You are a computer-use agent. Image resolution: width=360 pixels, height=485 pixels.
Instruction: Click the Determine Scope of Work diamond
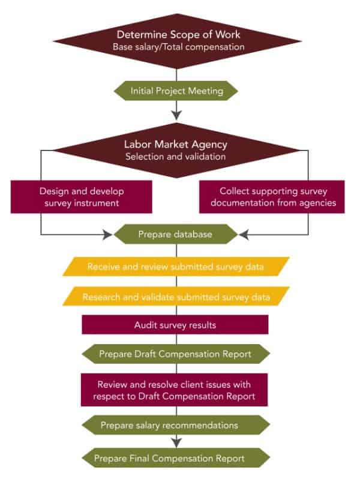pos(176,39)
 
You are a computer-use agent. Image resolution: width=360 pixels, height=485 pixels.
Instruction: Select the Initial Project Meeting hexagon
pos(176,91)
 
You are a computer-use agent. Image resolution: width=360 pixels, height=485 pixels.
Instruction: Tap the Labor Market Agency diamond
pos(176,150)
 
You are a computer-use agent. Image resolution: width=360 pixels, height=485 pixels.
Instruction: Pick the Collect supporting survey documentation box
pos(272,197)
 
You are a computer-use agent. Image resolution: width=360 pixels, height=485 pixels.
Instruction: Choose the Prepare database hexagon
pos(176,234)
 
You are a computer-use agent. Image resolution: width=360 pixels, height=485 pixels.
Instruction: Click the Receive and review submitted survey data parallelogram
pos(176,266)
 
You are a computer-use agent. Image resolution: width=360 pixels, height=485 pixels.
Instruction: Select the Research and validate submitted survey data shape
pos(176,296)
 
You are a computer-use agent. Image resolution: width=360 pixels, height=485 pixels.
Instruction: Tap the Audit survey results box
pos(175,324)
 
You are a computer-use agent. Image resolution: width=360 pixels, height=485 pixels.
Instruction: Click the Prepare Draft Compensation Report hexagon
pos(176,354)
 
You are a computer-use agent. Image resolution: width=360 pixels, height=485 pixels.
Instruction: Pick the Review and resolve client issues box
pos(175,390)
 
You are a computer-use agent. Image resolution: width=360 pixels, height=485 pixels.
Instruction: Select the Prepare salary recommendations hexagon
pos(176,426)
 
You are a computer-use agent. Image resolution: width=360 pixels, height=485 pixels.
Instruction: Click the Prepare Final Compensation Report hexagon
pos(176,459)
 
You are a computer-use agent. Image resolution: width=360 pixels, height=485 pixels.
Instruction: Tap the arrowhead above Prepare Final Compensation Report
pos(176,443)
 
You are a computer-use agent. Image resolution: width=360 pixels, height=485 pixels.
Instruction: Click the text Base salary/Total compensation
pos(176,46)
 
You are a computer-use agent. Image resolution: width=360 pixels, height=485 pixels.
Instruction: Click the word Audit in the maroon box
pos(145,324)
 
